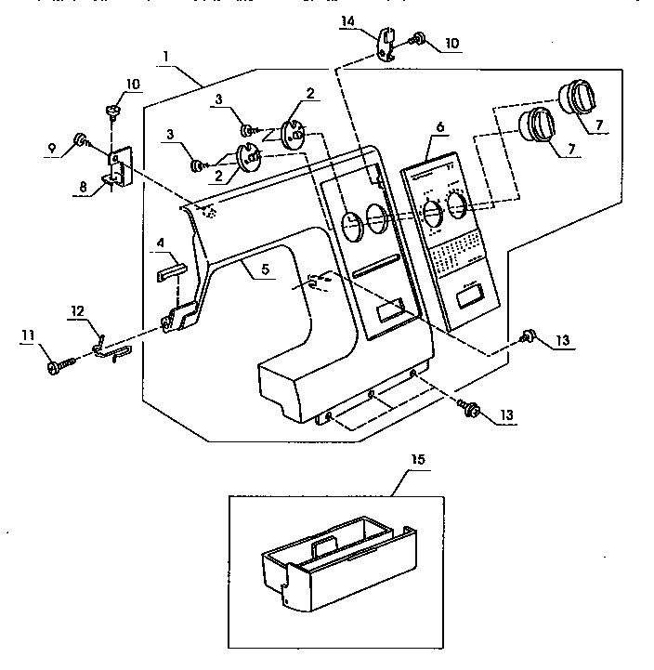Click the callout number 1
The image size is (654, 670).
click(x=164, y=56)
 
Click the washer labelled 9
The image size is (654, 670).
click(x=81, y=141)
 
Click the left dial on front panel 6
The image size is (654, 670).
click(x=432, y=212)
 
